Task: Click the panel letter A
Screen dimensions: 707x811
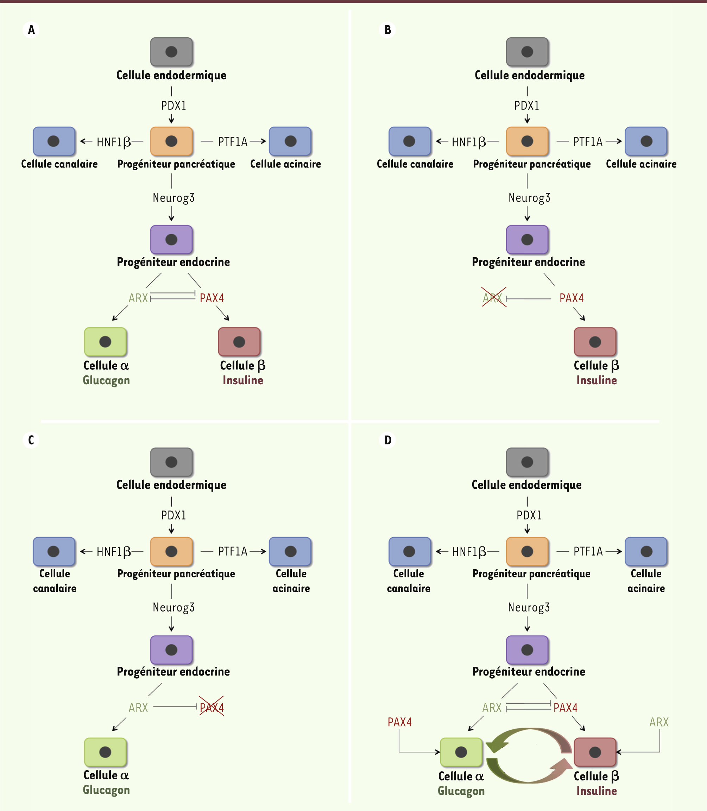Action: coord(31,30)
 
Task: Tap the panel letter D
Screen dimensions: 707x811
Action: coord(388,440)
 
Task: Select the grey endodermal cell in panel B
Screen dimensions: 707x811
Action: coord(527,52)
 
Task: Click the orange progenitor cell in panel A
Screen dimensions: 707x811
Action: coord(172,141)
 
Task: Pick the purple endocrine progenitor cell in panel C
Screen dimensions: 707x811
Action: coord(172,650)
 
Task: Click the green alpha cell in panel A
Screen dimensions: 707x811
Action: coord(105,342)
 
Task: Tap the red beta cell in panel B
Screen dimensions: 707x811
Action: coord(595,342)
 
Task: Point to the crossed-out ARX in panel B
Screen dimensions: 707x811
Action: coord(493,297)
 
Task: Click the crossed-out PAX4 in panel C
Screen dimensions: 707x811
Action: coord(212,707)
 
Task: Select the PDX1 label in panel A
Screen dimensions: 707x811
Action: coord(173,106)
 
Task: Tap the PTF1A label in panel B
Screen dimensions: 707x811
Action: coord(588,141)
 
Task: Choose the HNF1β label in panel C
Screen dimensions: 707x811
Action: coord(114,551)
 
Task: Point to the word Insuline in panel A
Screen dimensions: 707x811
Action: coord(242,380)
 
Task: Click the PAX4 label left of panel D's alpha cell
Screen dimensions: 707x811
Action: coord(400,722)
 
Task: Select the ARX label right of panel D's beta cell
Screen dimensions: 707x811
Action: coord(659,722)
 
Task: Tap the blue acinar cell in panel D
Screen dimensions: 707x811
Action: coord(646,551)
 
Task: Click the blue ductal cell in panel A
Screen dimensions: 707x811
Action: coord(53,141)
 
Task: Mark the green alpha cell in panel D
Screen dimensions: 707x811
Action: coord(461,752)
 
